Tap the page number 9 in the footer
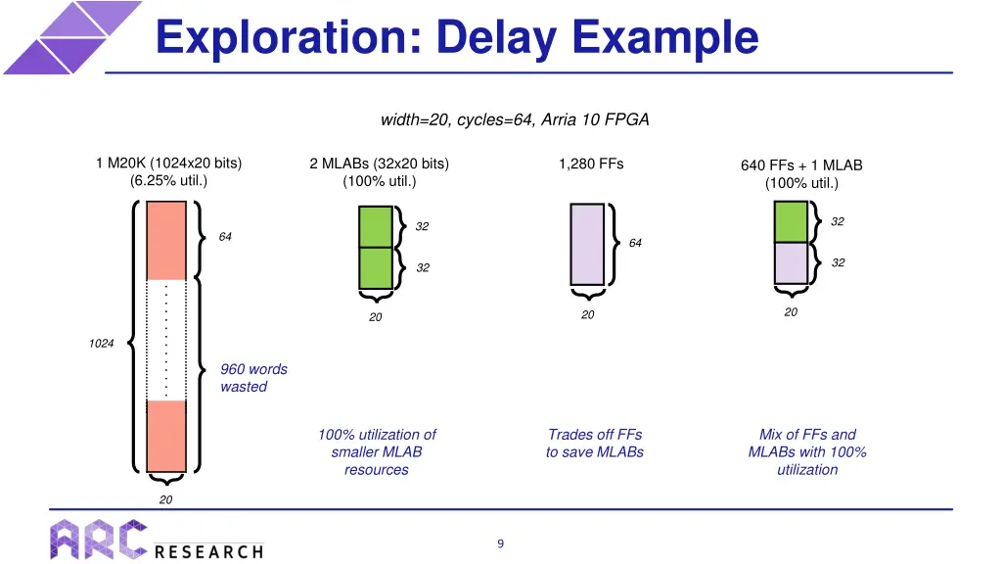[x=500, y=543]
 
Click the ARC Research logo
[x=158, y=539]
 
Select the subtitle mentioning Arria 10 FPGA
[x=515, y=119]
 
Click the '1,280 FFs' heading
[x=591, y=164]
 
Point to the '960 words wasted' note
[x=253, y=378]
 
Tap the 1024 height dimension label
[x=101, y=343]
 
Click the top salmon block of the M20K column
[x=166, y=241]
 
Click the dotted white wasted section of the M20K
[x=166, y=340]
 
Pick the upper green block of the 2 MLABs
[x=376, y=226]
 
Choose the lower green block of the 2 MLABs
[x=376, y=267]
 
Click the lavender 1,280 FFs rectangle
[x=588, y=245]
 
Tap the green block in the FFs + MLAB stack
[x=792, y=221]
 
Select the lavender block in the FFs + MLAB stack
[x=792, y=262]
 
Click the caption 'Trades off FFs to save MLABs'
[x=595, y=443]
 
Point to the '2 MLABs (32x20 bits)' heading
[x=379, y=164]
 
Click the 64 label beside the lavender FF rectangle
[x=635, y=243]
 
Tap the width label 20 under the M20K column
[x=166, y=499]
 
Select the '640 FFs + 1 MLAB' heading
[x=801, y=165]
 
